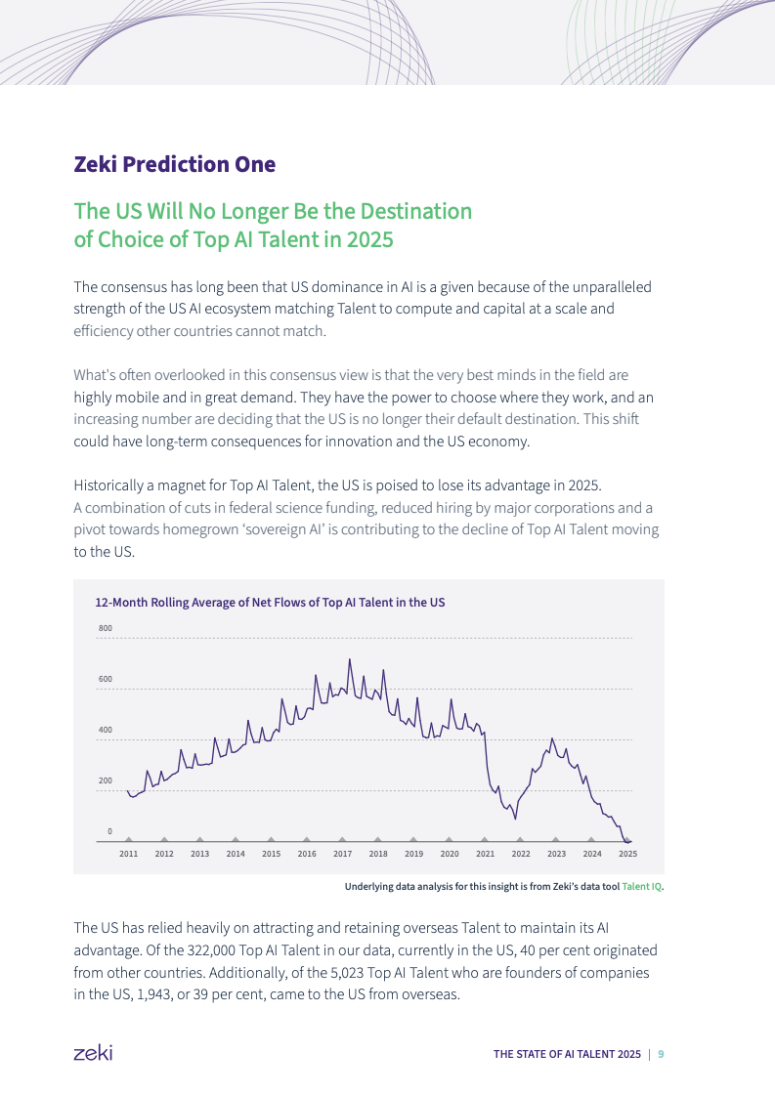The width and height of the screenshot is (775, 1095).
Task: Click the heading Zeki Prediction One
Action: (175, 164)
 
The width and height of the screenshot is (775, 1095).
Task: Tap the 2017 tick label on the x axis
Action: (342, 854)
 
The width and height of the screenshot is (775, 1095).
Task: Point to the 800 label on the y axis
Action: (105, 628)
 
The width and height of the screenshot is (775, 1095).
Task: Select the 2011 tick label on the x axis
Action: (128, 854)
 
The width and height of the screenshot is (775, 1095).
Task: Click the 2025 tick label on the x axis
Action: (628, 854)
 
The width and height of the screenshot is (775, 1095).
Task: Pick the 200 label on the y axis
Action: (105, 780)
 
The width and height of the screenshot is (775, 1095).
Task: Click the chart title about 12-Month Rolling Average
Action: (270, 603)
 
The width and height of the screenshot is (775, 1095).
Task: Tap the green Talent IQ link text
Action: (642, 887)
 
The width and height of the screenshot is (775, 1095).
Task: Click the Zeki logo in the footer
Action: (93, 1053)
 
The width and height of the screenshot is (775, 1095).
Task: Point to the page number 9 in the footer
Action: (662, 1054)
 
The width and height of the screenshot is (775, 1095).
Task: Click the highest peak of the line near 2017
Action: (349, 659)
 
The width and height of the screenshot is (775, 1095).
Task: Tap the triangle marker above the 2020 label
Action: (449, 838)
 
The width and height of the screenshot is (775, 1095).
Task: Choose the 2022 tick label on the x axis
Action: (521, 854)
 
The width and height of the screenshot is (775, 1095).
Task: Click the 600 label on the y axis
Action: (105, 679)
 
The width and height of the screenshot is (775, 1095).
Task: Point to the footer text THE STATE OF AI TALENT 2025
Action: (567, 1054)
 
